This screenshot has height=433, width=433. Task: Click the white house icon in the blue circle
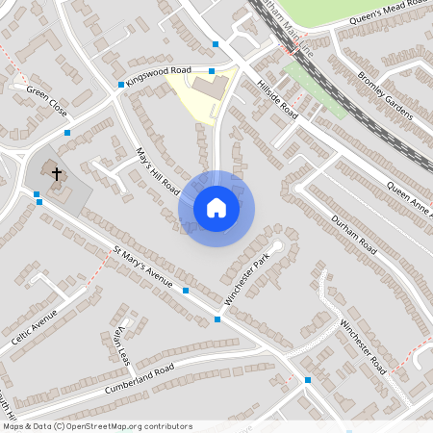216,207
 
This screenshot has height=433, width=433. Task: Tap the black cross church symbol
57,174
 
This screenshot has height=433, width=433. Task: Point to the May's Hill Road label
159,171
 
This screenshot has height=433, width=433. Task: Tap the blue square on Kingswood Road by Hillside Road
213,70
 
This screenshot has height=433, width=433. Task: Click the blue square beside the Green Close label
66,133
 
